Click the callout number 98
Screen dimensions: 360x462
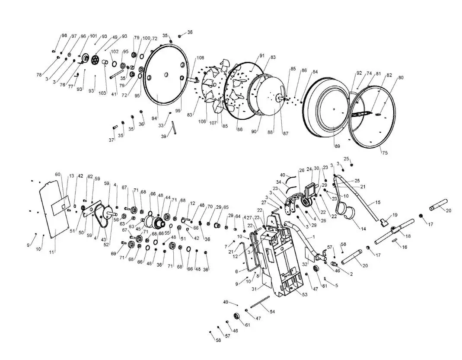point(64,36)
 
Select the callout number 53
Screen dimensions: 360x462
point(305,294)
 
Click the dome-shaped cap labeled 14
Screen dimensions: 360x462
point(345,215)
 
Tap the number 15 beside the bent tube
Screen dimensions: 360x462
point(377,202)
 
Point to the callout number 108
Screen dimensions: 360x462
point(200,58)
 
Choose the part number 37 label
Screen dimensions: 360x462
point(111,140)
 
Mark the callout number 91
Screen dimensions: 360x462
point(261,56)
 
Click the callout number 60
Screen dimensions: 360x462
point(57,175)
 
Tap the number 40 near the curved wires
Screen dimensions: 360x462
point(282,175)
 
